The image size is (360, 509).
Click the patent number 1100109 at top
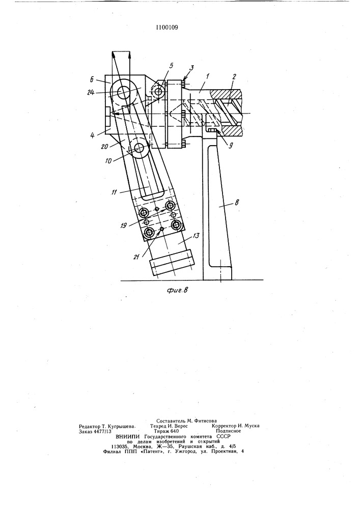(x=167, y=27)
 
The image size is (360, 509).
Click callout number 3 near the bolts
(x=192, y=68)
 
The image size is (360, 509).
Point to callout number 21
(x=139, y=257)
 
